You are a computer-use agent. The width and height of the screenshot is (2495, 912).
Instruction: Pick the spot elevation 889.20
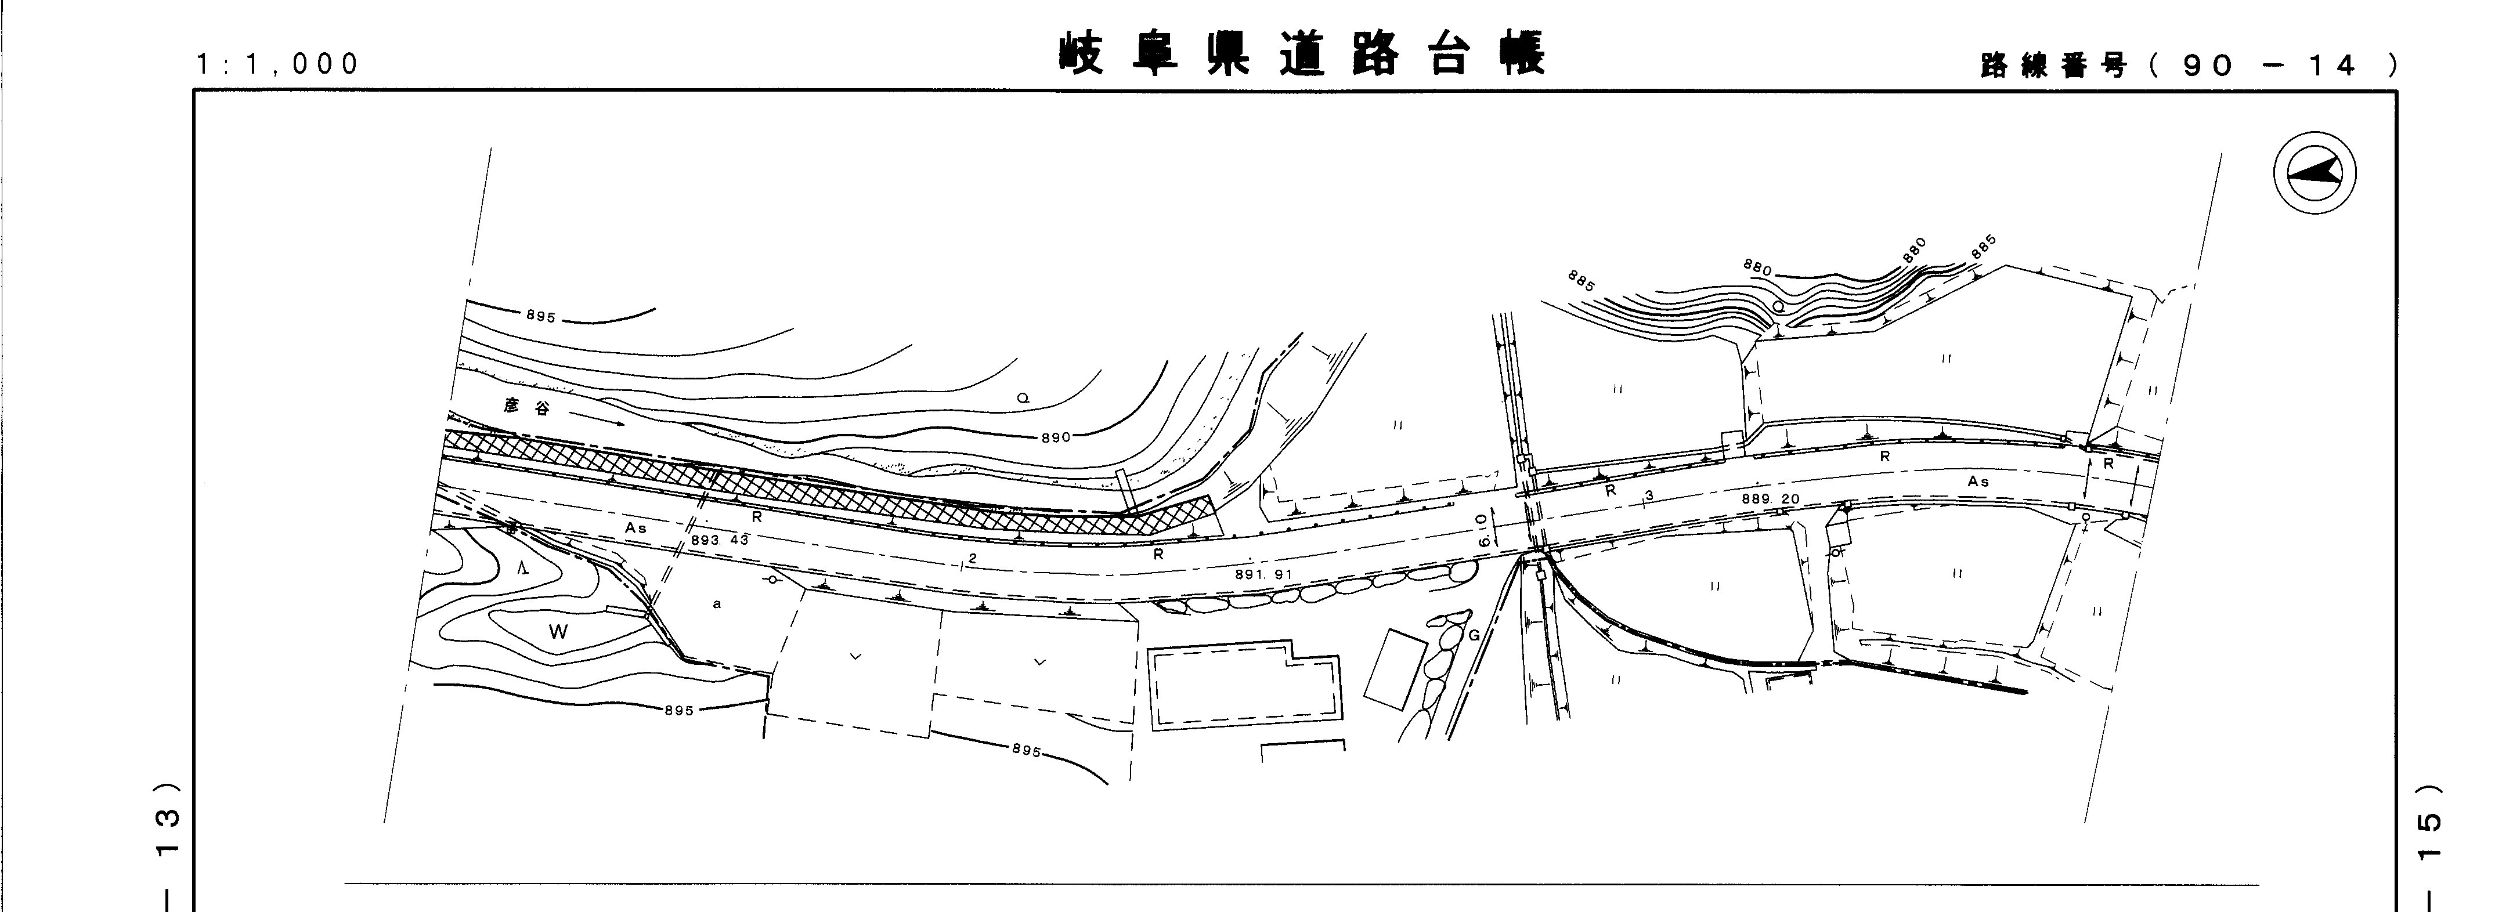coord(1771,498)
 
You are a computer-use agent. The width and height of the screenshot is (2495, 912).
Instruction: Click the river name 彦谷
coord(526,408)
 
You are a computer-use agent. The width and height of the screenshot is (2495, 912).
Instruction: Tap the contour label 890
coord(1056,437)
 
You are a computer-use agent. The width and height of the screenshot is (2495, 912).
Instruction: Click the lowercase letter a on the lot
coord(717,604)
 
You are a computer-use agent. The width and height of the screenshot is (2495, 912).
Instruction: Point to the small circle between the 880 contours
coord(1777,307)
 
